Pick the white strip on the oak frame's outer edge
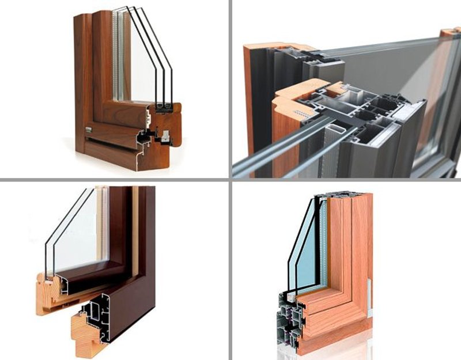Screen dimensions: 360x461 [369, 300]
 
